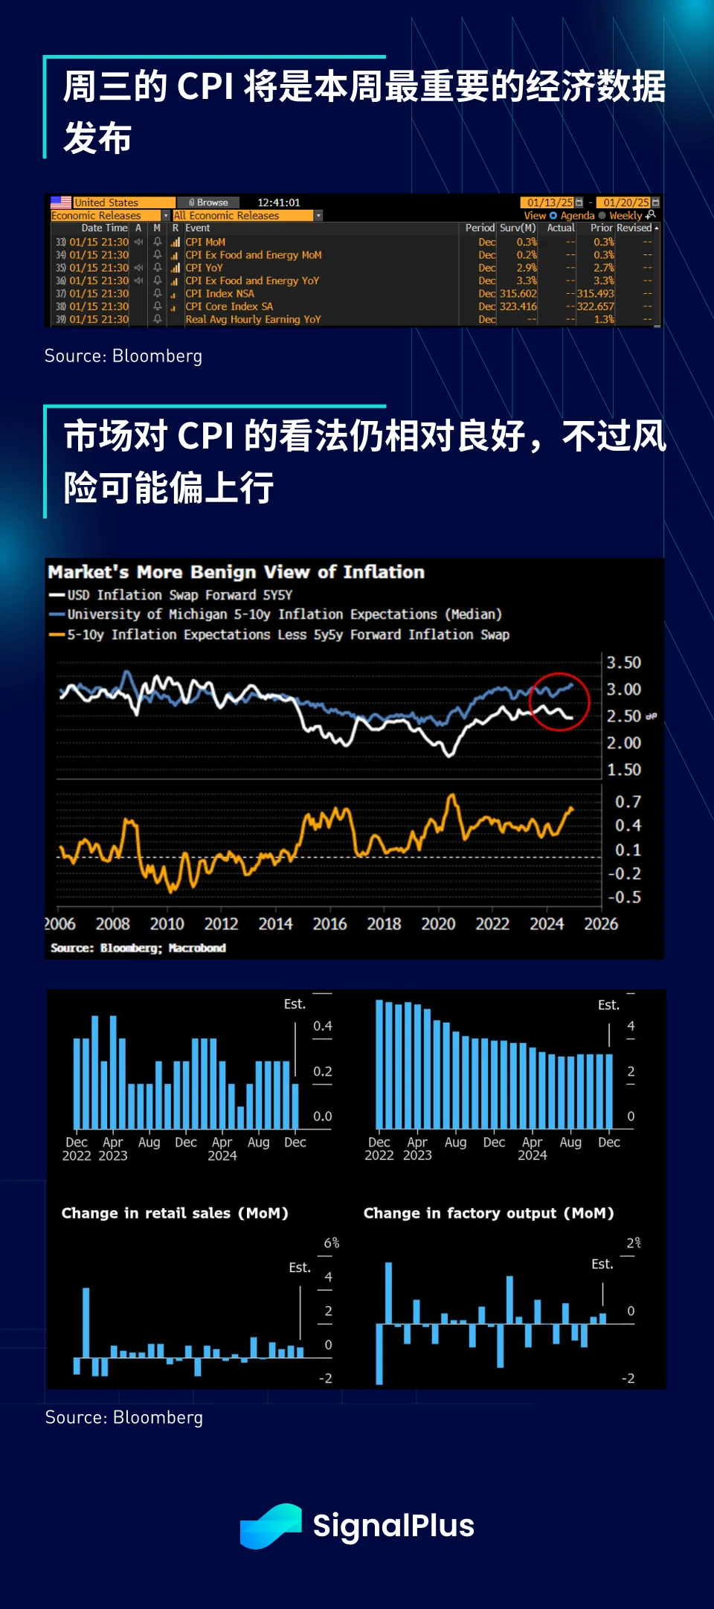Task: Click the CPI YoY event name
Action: click(204, 268)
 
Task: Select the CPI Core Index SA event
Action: click(229, 306)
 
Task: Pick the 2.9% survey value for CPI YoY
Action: click(527, 268)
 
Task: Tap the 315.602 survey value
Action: click(518, 294)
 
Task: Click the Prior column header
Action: click(601, 228)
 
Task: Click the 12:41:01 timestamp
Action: click(279, 202)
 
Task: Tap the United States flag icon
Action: click(61, 202)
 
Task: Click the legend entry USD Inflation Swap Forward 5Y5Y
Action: click(179, 595)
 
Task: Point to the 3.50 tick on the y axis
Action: click(623, 663)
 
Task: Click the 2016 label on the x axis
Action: click(329, 924)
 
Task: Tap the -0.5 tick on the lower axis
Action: click(624, 897)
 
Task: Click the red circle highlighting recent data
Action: click(559, 701)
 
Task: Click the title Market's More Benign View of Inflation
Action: click(237, 572)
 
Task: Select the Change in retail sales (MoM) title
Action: click(175, 1213)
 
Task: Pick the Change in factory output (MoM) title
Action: click(489, 1213)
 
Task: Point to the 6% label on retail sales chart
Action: click(332, 1243)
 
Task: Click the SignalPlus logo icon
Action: click(271, 1526)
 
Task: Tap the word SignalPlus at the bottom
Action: click(393, 1526)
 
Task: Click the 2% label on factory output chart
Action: click(633, 1243)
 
